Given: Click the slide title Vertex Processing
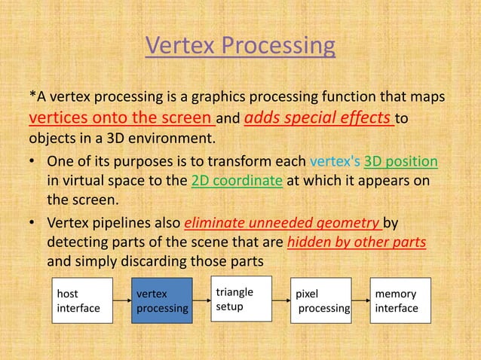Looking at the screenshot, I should pos(240,46).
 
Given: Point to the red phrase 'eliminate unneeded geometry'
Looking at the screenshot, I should pos(283,223).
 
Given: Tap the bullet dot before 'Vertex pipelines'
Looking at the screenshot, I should pos(33,224).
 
